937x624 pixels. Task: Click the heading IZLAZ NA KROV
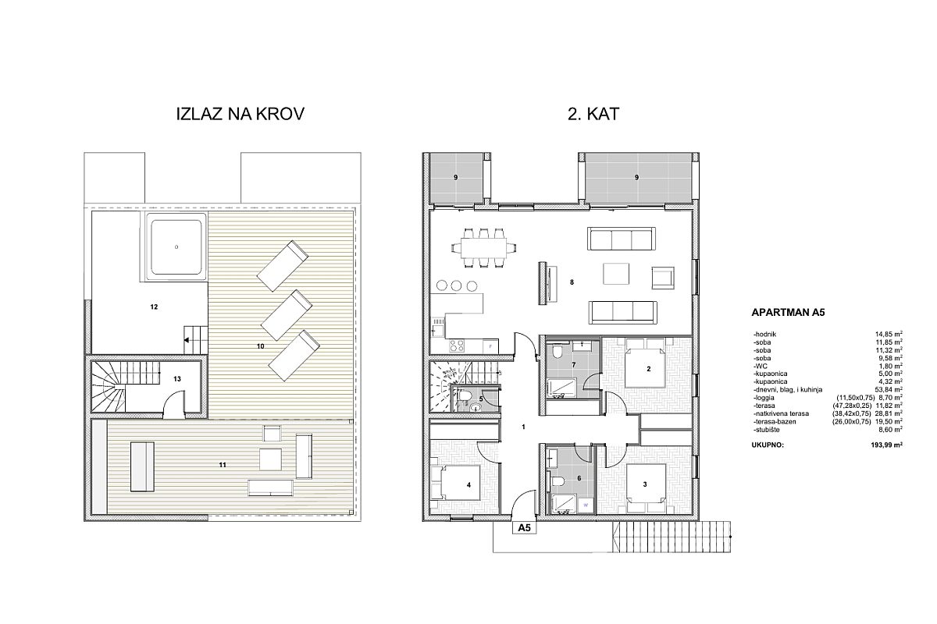[x=240, y=114]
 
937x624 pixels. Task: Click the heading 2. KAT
[x=593, y=114]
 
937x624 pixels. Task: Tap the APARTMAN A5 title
[x=788, y=313]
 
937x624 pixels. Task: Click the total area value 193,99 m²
[x=886, y=445]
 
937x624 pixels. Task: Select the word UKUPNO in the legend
[x=768, y=445]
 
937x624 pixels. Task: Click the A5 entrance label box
[x=524, y=528]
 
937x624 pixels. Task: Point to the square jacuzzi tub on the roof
[x=176, y=246]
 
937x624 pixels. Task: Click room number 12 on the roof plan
[x=154, y=307]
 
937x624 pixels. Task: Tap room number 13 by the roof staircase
[x=177, y=379]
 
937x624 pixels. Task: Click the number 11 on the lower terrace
[x=223, y=465]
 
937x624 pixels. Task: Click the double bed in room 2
[x=645, y=363]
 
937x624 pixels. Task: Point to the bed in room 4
[x=454, y=482]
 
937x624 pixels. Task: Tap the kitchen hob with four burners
[x=456, y=346]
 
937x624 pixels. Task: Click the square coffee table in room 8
[x=616, y=274]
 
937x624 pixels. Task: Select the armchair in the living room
[x=663, y=278]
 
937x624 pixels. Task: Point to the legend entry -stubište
[x=767, y=430]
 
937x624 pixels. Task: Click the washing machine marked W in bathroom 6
[x=586, y=505]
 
